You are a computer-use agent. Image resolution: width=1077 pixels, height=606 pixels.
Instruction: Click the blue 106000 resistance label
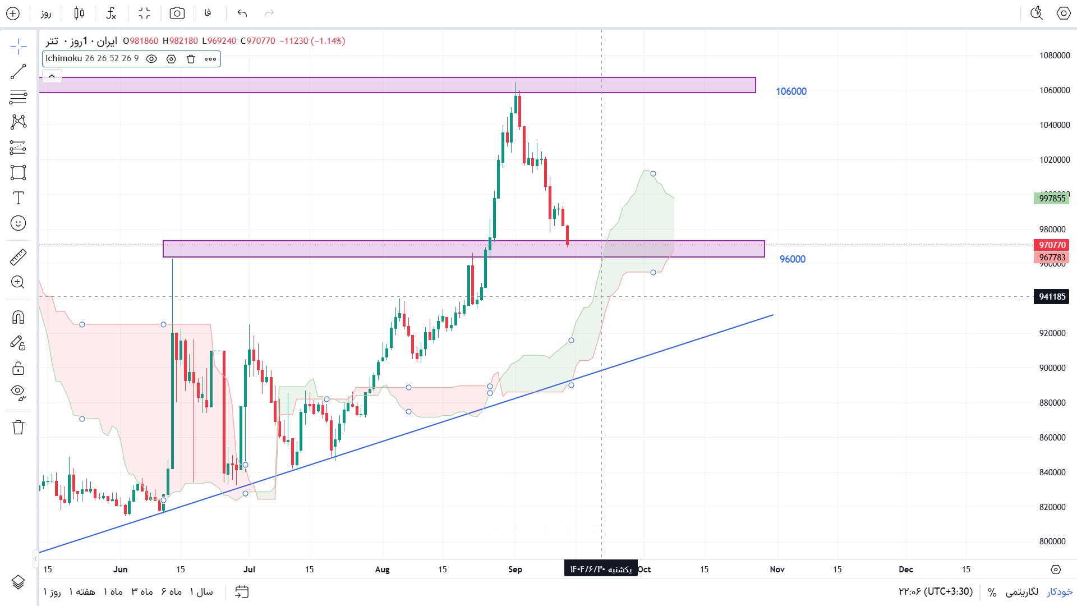pyautogui.click(x=791, y=91)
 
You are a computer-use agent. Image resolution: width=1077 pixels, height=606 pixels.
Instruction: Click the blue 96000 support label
pyautogui.click(x=792, y=259)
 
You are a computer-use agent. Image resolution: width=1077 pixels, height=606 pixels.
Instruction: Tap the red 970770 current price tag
pyautogui.click(x=1051, y=245)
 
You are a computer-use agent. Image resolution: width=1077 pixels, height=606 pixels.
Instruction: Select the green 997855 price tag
pyautogui.click(x=1051, y=199)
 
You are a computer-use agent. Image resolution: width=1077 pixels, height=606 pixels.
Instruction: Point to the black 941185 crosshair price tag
pyautogui.click(x=1051, y=297)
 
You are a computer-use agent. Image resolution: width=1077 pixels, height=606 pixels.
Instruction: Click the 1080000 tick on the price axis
pyautogui.click(x=1054, y=56)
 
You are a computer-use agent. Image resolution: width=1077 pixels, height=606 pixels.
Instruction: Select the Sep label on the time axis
pyautogui.click(x=515, y=570)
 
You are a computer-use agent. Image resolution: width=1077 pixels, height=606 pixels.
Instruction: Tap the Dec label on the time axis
pyautogui.click(x=905, y=570)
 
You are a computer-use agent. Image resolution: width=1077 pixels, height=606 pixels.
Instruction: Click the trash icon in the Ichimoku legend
pyautogui.click(x=191, y=59)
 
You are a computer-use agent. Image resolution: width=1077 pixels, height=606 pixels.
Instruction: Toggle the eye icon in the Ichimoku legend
pyautogui.click(x=151, y=59)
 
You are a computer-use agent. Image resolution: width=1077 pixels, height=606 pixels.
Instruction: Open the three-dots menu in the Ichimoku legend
pyautogui.click(x=210, y=59)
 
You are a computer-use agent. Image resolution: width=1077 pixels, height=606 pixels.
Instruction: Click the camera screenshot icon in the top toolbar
pyautogui.click(x=177, y=13)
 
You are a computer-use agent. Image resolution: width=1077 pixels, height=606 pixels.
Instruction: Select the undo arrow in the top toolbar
pyautogui.click(x=242, y=13)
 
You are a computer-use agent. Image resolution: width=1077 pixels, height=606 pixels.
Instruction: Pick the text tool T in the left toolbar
pyautogui.click(x=18, y=198)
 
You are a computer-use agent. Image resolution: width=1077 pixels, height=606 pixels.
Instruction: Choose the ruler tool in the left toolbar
pyautogui.click(x=18, y=257)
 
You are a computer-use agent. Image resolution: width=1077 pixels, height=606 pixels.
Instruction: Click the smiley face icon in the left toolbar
pyautogui.click(x=18, y=223)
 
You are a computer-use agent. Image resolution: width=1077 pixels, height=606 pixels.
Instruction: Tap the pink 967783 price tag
pyautogui.click(x=1051, y=258)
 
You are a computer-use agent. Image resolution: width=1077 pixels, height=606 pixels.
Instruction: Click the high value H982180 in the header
pyautogui.click(x=180, y=41)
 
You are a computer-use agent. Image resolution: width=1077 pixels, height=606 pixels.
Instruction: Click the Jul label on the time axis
pyautogui.click(x=249, y=570)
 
